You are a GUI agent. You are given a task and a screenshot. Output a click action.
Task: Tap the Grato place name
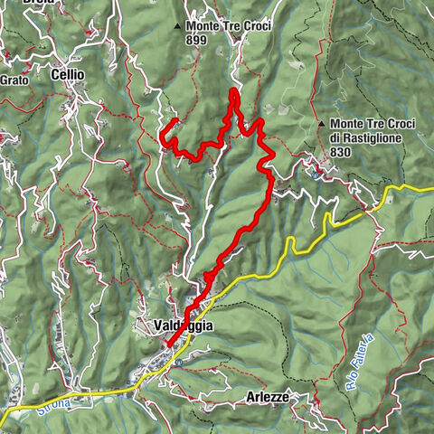tap(14, 79)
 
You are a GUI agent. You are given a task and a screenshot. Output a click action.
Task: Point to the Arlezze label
tap(268, 397)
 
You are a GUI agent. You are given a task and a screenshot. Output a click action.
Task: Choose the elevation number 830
tap(340, 153)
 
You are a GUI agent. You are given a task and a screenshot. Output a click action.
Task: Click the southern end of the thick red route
tap(167, 344)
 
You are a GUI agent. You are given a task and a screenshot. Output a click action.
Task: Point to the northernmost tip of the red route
tap(233, 90)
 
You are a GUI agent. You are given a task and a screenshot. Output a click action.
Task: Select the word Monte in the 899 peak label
tap(204, 26)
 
